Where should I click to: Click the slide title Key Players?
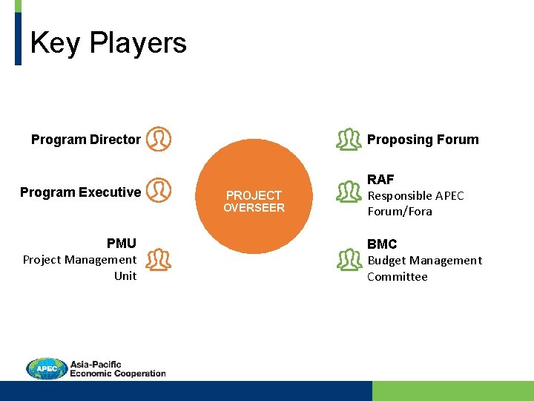pyautogui.click(x=108, y=43)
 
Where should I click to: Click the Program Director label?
pyautogui.click(x=85, y=140)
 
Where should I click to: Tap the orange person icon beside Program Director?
pyautogui.click(x=158, y=139)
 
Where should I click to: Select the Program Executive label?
pyautogui.click(x=80, y=192)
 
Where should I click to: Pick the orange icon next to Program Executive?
pyautogui.click(x=158, y=191)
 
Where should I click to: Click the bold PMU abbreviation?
pyautogui.click(x=122, y=244)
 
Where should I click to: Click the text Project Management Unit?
pyautogui.click(x=80, y=267)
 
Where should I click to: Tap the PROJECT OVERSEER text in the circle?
pyautogui.click(x=254, y=201)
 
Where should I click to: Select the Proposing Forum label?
pyautogui.click(x=423, y=140)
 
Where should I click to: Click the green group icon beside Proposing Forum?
pyautogui.click(x=349, y=139)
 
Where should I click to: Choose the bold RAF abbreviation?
pyautogui.click(x=380, y=180)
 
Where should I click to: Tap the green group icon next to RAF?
pyautogui.click(x=349, y=192)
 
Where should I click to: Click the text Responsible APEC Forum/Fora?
pyautogui.click(x=415, y=203)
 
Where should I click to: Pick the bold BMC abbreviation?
pyautogui.click(x=382, y=244)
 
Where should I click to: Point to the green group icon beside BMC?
pyautogui.click(x=349, y=258)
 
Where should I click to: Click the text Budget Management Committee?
pyautogui.click(x=424, y=268)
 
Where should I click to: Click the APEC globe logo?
pyautogui.click(x=46, y=368)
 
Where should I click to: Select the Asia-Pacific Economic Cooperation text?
pyautogui.click(x=117, y=369)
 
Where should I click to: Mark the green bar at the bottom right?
pyautogui.click(x=452, y=391)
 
